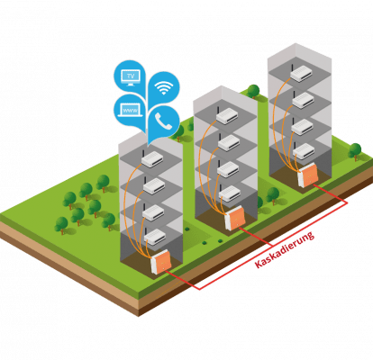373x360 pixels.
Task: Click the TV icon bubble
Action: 130,76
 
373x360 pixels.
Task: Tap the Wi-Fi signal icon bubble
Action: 164,87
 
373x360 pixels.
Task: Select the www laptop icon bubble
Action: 130,111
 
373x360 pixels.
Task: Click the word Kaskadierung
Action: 284,249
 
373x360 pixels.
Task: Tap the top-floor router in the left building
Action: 152,159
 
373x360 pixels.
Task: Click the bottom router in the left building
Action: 154,237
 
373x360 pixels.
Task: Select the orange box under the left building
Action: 161,263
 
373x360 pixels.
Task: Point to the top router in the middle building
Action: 227,116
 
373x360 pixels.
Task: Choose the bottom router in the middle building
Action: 230,193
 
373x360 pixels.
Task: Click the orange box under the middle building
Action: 235,219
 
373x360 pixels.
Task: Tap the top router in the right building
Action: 301,73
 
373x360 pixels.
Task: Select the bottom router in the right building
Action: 304,151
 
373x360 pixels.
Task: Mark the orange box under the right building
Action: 308,175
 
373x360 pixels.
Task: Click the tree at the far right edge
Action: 355,152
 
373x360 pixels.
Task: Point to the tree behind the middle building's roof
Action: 253,91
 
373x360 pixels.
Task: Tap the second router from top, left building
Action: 154,186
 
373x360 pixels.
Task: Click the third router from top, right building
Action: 302,127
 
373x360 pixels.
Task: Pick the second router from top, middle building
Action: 228,143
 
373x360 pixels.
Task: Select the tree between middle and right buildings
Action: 273,195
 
